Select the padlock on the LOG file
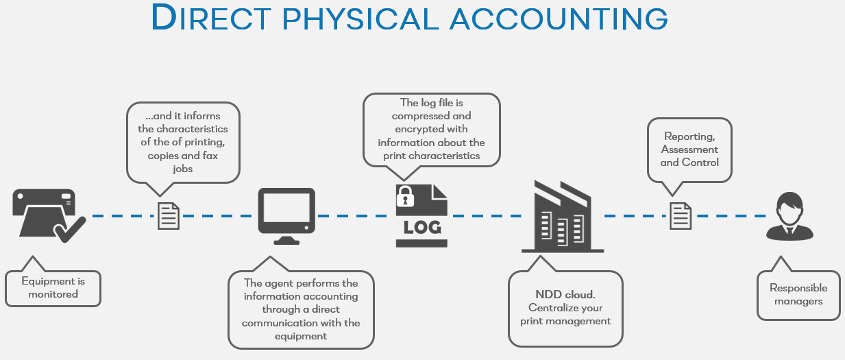(x=405, y=196)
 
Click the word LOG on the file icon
(x=422, y=227)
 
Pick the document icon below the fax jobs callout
(x=169, y=215)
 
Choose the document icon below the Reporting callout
(x=680, y=215)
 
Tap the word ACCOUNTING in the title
(x=559, y=19)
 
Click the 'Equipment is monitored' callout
(x=53, y=287)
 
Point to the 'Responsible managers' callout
(x=798, y=295)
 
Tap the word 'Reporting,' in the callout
(x=689, y=136)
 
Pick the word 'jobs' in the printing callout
(x=183, y=168)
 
